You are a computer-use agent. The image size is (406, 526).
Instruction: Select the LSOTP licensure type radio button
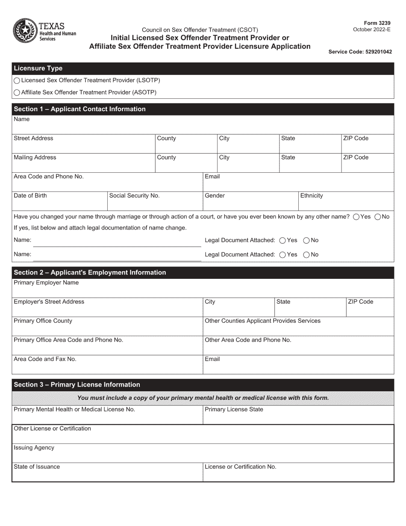click(17, 80)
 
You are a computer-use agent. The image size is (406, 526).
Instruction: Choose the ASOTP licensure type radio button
click(17, 92)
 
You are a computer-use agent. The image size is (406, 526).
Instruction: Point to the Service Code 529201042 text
click(360, 52)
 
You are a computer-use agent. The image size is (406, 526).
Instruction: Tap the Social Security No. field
click(155, 204)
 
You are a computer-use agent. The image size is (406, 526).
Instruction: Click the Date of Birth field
click(60, 204)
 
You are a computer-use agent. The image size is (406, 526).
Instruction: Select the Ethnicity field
click(346, 204)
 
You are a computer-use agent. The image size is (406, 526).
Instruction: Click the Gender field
click(250, 204)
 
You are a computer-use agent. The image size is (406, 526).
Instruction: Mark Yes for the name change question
click(356, 217)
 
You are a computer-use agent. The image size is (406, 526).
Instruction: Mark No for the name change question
click(377, 217)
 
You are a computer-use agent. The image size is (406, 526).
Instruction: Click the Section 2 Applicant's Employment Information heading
click(90, 272)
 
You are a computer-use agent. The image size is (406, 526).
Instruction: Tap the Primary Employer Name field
click(203, 290)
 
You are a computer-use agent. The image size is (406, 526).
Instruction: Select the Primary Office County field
click(107, 328)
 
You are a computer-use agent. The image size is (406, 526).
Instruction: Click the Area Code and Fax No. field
click(107, 366)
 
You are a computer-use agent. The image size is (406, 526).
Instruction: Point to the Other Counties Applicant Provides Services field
click(298, 328)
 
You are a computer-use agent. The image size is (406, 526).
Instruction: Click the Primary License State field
click(298, 417)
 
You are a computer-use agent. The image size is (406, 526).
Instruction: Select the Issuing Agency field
click(203, 455)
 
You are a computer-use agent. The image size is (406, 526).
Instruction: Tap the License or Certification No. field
click(298, 474)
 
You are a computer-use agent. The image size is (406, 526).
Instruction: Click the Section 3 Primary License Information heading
click(77, 384)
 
